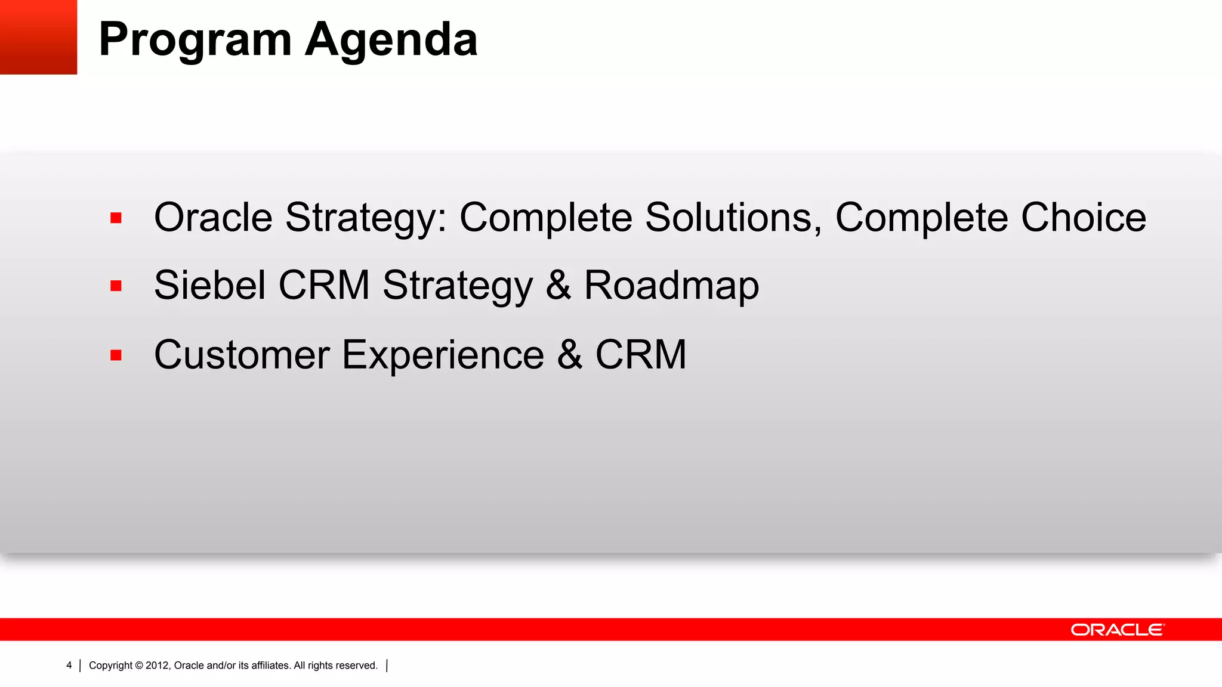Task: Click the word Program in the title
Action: [x=195, y=41]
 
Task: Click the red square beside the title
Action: [x=38, y=37]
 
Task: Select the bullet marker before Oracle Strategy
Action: [x=116, y=218]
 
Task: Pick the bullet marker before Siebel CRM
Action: [x=116, y=286]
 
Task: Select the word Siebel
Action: [x=209, y=285]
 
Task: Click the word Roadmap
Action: [x=671, y=285]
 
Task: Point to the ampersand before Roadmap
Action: [x=558, y=285]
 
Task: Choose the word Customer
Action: [x=242, y=355]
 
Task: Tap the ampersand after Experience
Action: [x=570, y=355]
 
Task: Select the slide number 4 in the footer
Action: [x=69, y=666]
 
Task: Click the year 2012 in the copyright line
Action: [x=158, y=666]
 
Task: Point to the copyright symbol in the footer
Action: [x=139, y=666]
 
